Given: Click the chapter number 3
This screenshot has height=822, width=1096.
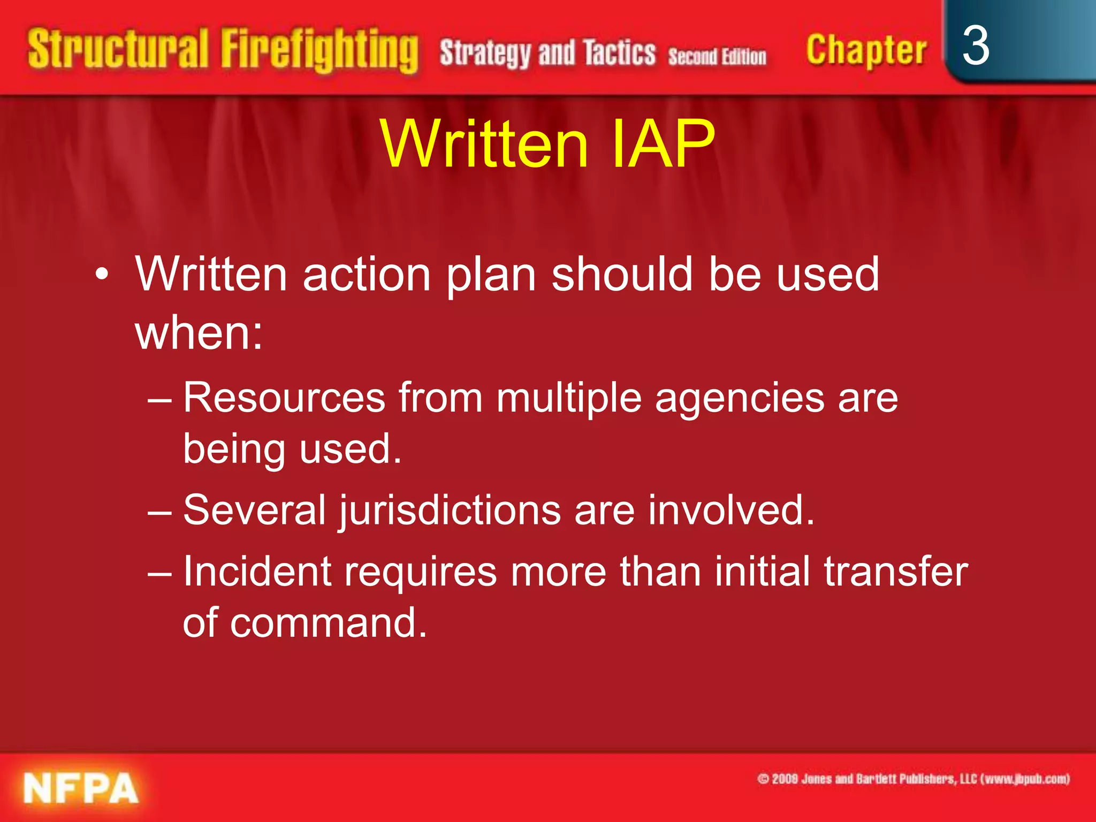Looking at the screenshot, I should [975, 47].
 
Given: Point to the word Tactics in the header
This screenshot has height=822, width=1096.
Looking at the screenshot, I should [619, 54].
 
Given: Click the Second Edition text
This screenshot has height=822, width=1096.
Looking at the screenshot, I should [717, 56].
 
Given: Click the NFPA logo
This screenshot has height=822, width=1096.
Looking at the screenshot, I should [81, 788].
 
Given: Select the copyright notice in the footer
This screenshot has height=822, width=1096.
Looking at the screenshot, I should [913, 779].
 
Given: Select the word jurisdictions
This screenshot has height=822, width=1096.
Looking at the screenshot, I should [450, 511].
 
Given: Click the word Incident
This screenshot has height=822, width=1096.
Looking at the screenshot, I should [257, 572].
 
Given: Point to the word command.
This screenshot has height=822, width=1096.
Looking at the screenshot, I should [328, 622].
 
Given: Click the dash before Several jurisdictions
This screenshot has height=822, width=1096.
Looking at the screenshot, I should [159, 512].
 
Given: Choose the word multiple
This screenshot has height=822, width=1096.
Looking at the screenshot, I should [569, 399].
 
